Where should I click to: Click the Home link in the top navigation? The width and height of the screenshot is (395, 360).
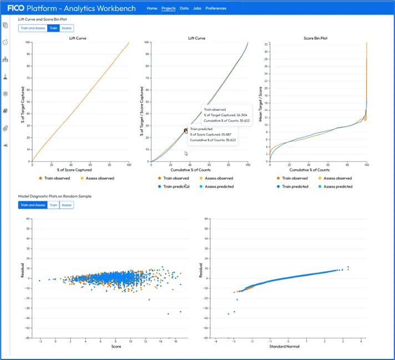tap(151, 8)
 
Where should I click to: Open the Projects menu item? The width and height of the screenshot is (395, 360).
tap(168, 8)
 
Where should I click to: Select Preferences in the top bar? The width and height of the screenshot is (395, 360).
tap(215, 8)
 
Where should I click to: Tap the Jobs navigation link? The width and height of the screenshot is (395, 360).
tap(197, 8)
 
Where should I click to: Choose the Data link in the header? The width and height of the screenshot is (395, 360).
tap(184, 8)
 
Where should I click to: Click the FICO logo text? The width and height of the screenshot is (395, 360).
tap(18, 8)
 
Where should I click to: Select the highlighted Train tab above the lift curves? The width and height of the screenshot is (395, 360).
tap(53, 28)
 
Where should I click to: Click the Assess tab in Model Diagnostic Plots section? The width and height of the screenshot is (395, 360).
tap(67, 205)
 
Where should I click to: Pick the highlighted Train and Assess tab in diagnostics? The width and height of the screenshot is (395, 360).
tap(33, 205)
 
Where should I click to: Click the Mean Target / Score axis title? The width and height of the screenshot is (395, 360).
tap(260, 103)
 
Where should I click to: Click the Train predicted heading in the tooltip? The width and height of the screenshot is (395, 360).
tap(201, 128)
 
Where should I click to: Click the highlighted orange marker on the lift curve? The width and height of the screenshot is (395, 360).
tap(186, 130)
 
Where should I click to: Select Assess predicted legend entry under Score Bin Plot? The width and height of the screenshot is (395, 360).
tap(337, 186)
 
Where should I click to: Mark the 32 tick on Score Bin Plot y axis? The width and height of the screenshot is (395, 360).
tap(267, 43)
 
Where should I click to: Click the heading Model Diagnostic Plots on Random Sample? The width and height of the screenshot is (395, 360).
tap(54, 196)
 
